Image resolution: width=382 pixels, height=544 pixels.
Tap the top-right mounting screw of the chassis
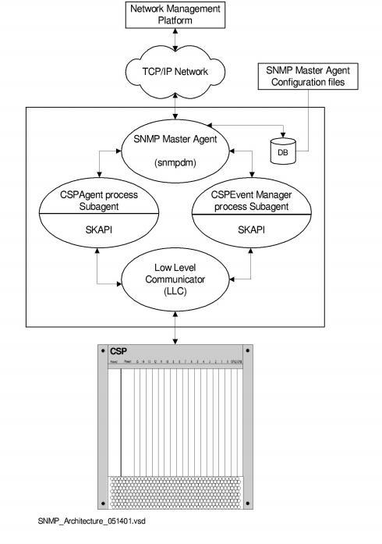[x=248, y=350]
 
